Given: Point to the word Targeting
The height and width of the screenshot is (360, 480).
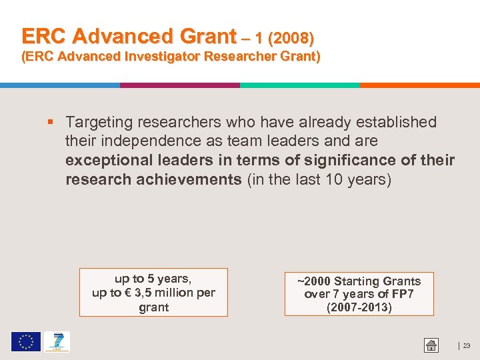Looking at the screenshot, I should tap(99, 123).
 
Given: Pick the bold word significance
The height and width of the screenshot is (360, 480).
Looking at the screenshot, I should tap(340, 161).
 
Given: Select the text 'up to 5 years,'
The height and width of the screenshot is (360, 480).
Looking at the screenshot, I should tap(153, 279).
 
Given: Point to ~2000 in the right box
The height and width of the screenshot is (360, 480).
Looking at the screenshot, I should tap(314, 281).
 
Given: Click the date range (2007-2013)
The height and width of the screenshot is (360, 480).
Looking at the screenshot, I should tap(359, 307).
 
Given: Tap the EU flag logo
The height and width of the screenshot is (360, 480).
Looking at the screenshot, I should tap(25, 342).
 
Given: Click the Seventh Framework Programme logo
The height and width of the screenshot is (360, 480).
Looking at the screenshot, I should tap(57, 342).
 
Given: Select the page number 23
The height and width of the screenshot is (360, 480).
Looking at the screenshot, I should tap(466, 345).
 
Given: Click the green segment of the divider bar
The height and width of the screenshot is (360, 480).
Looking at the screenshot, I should tap(299, 85).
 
